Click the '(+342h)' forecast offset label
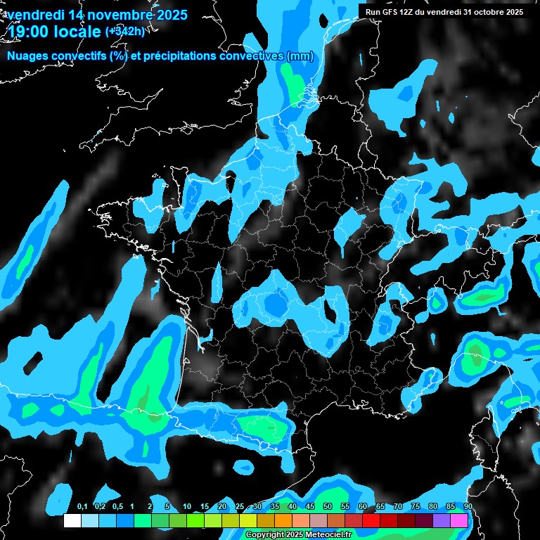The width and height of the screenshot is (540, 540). (x=125, y=31)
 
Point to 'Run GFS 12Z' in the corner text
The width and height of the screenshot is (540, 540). (x=389, y=12)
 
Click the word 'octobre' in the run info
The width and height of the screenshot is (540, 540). (x=484, y=12)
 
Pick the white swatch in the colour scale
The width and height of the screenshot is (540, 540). (x=72, y=521)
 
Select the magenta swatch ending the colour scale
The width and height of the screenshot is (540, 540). (x=460, y=521)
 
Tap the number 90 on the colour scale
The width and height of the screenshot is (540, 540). (x=468, y=507)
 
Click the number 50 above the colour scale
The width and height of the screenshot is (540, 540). (x=328, y=507)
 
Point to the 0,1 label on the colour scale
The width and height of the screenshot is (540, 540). (x=82, y=507)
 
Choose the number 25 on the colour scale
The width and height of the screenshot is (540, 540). (x=240, y=507)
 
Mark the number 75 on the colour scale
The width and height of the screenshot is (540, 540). (x=416, y=507)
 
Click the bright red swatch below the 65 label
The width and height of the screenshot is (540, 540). (x=371, y=521)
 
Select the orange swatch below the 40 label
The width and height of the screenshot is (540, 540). (x=283, y=521)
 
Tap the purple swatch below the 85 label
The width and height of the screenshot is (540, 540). (x=442, y=521)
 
